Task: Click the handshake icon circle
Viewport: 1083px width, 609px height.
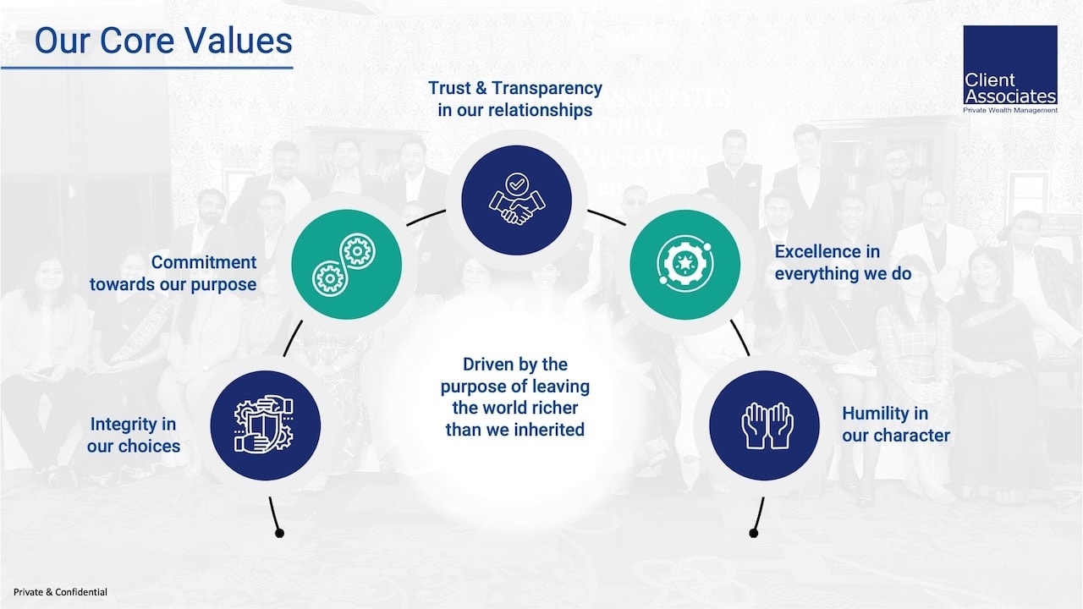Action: coord(516,200)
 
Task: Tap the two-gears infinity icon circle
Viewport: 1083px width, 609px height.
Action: coord(346,264)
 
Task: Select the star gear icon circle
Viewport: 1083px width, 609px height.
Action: coord(684,265)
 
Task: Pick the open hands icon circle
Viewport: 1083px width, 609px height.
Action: coord(764,425)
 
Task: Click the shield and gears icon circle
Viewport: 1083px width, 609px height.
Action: coord(265,425)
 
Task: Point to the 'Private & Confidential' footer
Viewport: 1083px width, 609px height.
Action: coord(60,592)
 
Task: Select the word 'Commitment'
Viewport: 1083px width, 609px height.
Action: coord(204,262)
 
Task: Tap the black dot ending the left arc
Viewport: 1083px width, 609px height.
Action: coord(279,533)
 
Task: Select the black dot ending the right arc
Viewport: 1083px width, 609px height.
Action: coord(753,533)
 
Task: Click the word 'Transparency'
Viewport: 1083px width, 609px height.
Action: coord(547,88)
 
